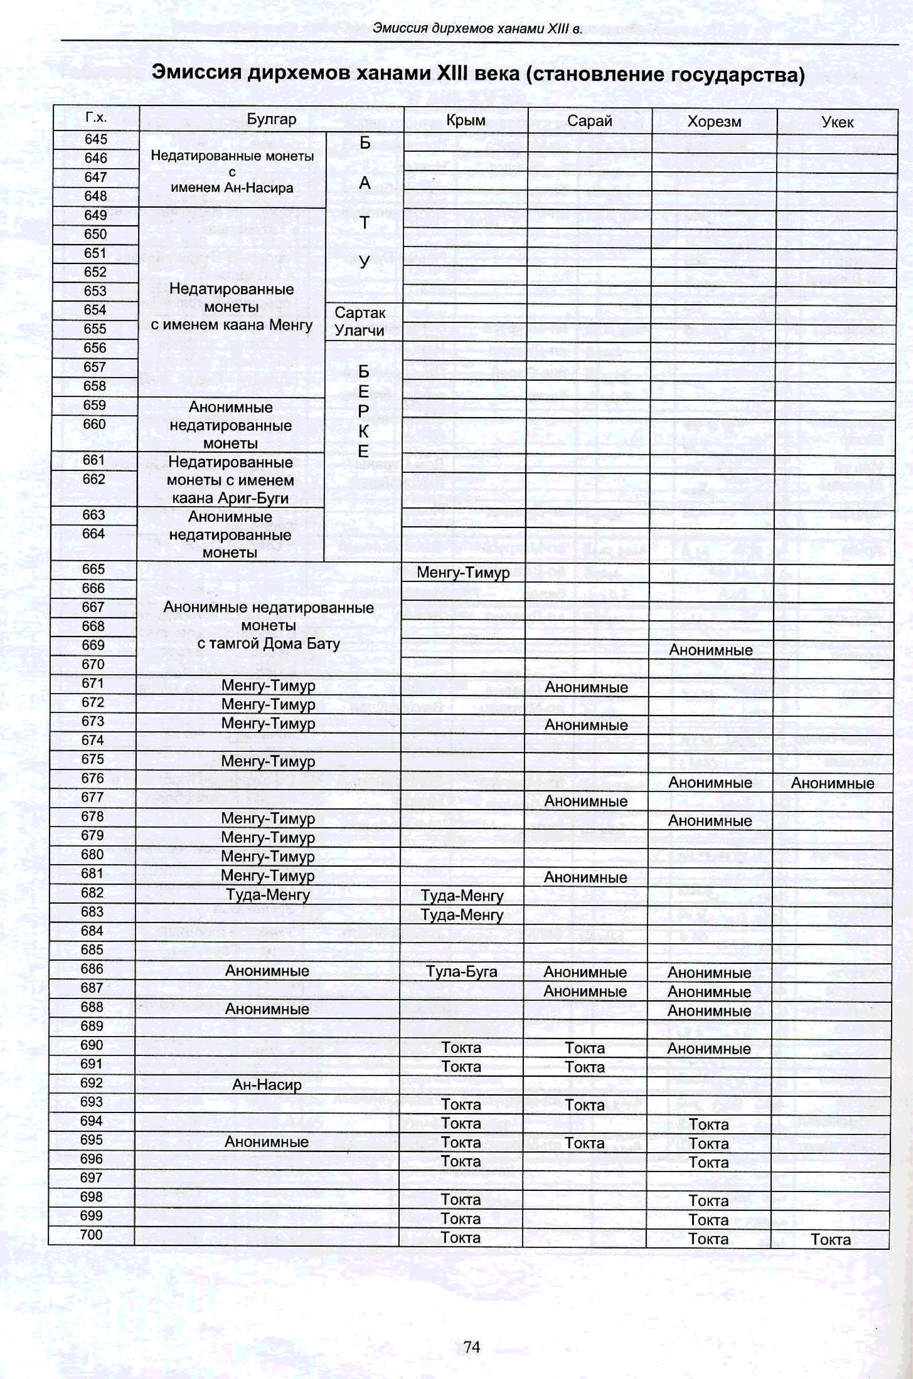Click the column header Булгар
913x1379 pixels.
point(271,119)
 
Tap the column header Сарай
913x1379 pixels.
point(589,121)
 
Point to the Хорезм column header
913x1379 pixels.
point(714,122)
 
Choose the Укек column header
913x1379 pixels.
point(837,122)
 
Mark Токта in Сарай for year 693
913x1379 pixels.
point(585,1105)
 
